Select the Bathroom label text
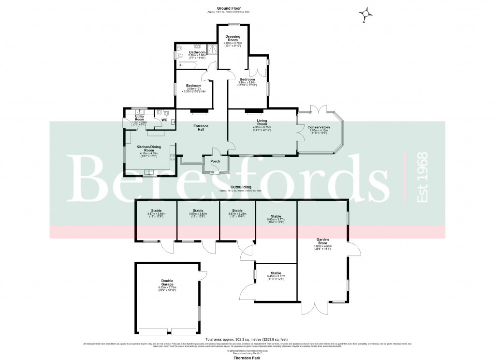[197, 52]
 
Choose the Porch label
[215, 161]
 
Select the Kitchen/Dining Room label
[148, 149]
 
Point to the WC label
[164, 120]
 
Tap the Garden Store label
[323, 241]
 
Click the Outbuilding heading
[240, 187]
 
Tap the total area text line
[247, 340]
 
